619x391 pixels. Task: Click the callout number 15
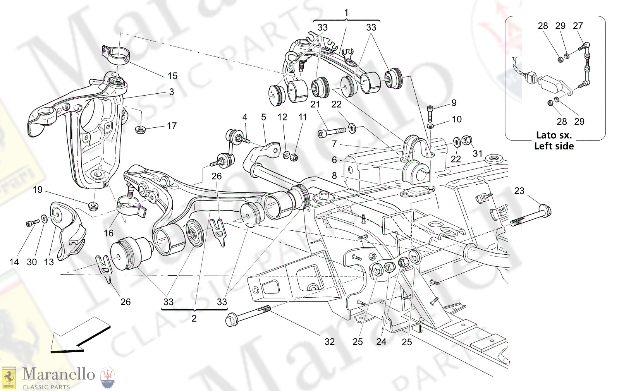(172, 76)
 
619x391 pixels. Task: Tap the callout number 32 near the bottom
(329, 341)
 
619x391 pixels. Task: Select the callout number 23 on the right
(519, 191)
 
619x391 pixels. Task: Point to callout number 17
(172, 126)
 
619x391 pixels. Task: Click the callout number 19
(38, 190)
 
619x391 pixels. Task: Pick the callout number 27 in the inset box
(578, 26)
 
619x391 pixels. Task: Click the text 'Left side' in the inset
(554, 146)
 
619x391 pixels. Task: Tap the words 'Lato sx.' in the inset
(554, 135)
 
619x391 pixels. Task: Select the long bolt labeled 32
(248, 315)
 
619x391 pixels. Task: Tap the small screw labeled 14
(33, 223)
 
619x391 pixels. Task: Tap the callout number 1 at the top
(346, 13)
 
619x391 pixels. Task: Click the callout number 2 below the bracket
(194, 318)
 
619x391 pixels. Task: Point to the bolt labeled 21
(332, 132)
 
